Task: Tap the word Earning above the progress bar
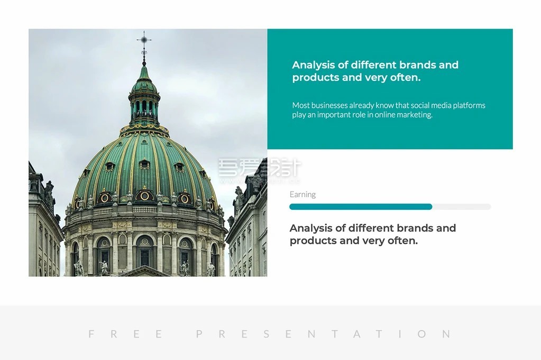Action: pyautogui.click(x=302, y=195)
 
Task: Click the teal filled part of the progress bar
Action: pyautogui.click(x=361, y=207)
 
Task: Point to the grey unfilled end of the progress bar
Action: pyautogui.click(x=462, y=207)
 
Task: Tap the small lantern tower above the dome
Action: pyautogui.click(x=144, y=100)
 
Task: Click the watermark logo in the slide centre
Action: pyautogui.click(x=260, y=170)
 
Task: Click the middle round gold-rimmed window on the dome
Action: pyautogui.click(x=144, y=196)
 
